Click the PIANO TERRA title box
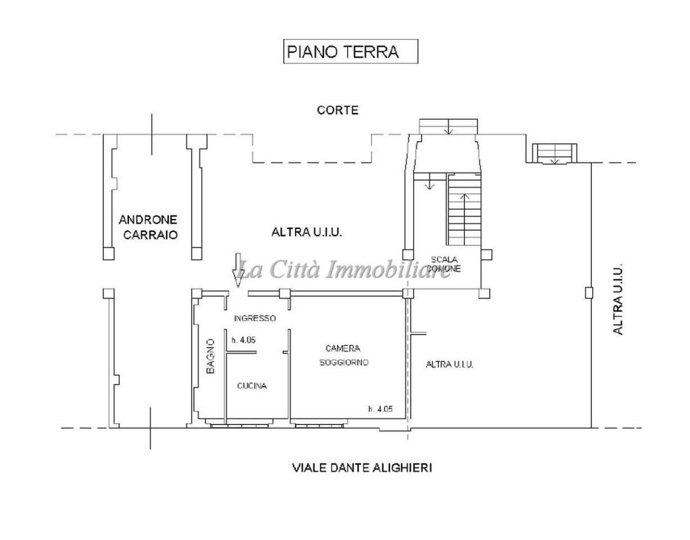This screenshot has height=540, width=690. pyautogui.click(x=350, y=51)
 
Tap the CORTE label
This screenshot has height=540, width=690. pyautogui.click(x=337, y=110)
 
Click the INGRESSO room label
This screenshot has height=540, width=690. pyautogui.click(x=255, y=318)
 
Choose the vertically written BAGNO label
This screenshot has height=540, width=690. pyautogui.click(x=210, y=356)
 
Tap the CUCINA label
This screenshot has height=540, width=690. pyautogui.click(x=252, y=386)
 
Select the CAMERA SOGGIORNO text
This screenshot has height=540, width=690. pyautogui.click(x=343, y=355)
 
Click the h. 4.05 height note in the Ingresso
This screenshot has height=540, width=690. pyautogui.click(x=244, y=340)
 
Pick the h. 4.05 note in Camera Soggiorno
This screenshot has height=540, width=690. pyautogui.click(x=380, y=409)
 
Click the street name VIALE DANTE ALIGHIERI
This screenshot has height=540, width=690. pyautogui.click(x=362, y=467)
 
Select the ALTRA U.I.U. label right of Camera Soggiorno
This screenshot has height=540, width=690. pyautogui.click(x=449, y=364)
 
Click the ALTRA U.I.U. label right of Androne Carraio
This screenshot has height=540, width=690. pyautogui.click(x=307, y=232)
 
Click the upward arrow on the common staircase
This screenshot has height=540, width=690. pyautogui.click(x=465, y=198)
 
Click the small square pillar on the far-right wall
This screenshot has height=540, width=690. pyautogui.click(x=589, y=292)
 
